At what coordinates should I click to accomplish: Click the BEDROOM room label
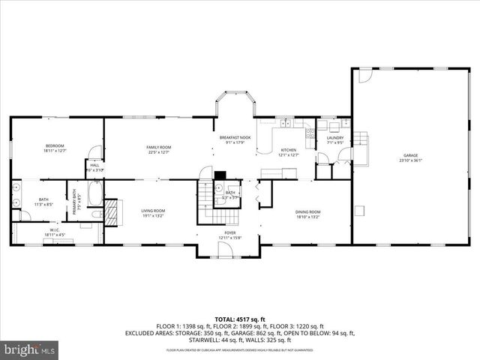coord(55,145)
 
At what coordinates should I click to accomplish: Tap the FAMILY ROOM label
coord(159,147)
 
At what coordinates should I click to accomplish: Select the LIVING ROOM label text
coord(153,211)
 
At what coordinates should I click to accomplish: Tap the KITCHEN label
coord(289,150)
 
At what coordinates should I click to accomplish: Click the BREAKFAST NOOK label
coord(234,137)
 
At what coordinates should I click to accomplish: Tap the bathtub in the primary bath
coord(93,194)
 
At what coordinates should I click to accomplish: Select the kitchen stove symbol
coord(310,133)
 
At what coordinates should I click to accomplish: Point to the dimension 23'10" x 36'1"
coord(412,160)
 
